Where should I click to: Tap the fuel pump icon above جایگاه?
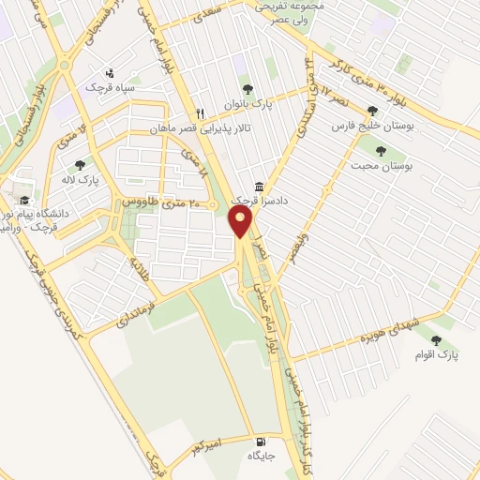point(260,442)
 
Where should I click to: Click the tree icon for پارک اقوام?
point(435,339)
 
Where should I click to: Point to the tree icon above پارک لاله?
point(79,164)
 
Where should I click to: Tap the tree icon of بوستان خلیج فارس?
point(372,110)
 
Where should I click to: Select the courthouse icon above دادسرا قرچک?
point(260,187)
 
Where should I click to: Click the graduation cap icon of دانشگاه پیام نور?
point(22,200)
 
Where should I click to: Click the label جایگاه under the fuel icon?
point(260,456)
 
